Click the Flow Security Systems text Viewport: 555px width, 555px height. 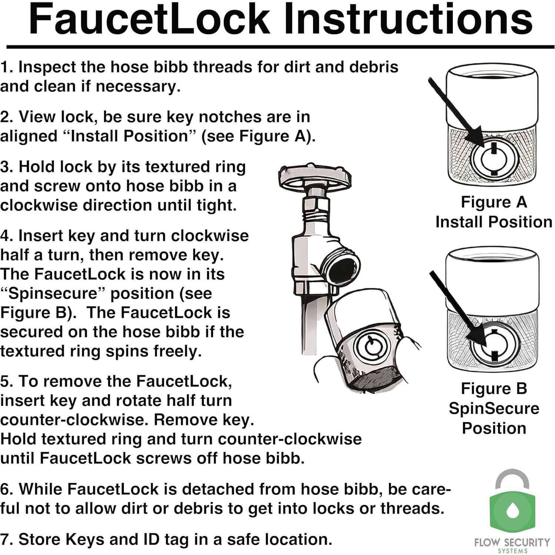[512, 545]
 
